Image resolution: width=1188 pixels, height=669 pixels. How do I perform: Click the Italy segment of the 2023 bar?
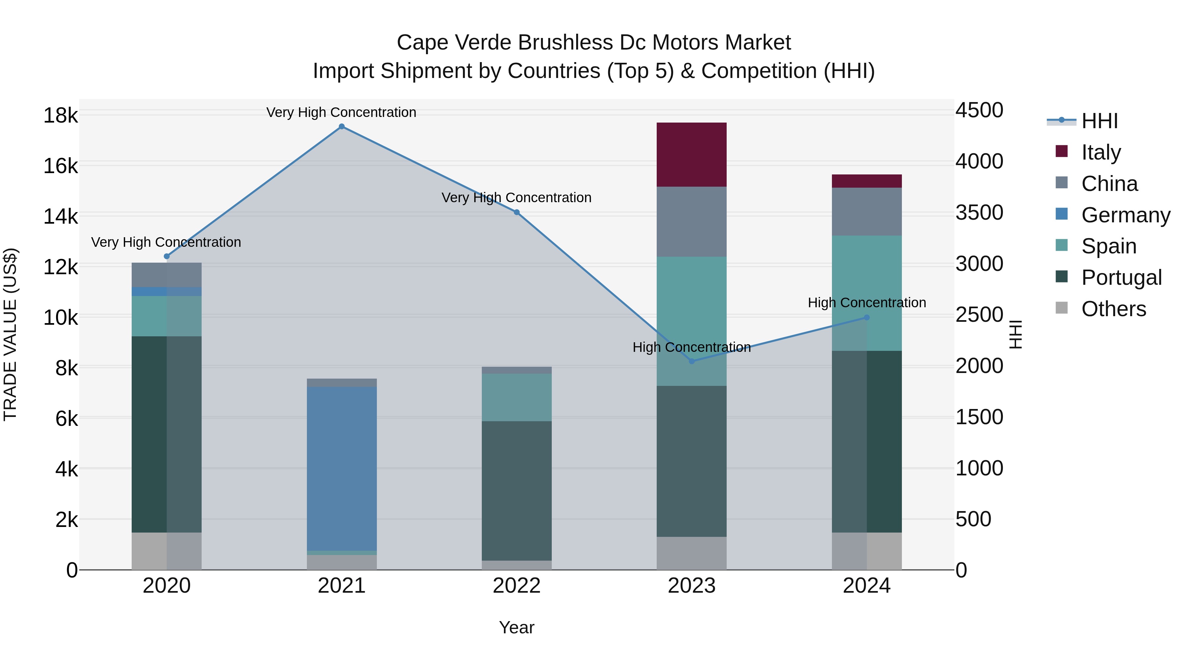pyautogui.click(x=691, y=155)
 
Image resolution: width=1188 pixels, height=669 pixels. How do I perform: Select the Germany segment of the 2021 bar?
pyautogui.click(x=342, y=468)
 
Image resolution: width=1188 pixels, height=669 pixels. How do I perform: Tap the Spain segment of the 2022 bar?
pyautogui.click(x=516, y=397)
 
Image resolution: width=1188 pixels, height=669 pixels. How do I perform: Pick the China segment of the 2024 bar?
pyautogui.click(x=867, y=211)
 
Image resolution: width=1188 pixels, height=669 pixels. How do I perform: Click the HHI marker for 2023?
pyautogui.click(x=691, y=361)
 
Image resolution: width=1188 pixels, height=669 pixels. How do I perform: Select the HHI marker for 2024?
pyautogui.click(x=867, y=317)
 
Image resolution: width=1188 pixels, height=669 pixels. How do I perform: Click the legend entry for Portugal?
pyautogui.click(x=1121, y=278)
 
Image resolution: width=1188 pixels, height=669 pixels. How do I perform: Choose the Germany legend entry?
pyautogui.click(x=1125, y=215)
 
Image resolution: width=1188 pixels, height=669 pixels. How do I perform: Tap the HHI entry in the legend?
pyautogui.click(x=1100, y=121)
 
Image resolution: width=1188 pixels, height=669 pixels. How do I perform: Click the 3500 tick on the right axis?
pyautogui.click(x=979, y=213)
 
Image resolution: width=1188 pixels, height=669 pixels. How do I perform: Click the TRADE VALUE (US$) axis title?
pyautogui.click(x=10, y=334)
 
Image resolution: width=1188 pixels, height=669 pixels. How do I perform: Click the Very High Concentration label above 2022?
pyautogui.click(x=516, y=198)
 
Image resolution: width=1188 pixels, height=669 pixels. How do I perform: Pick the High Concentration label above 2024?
pyautogui.click(x=867, y=303)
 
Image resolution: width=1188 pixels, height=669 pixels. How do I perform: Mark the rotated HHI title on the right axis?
pyautogui.click(x=1015, y=334)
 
